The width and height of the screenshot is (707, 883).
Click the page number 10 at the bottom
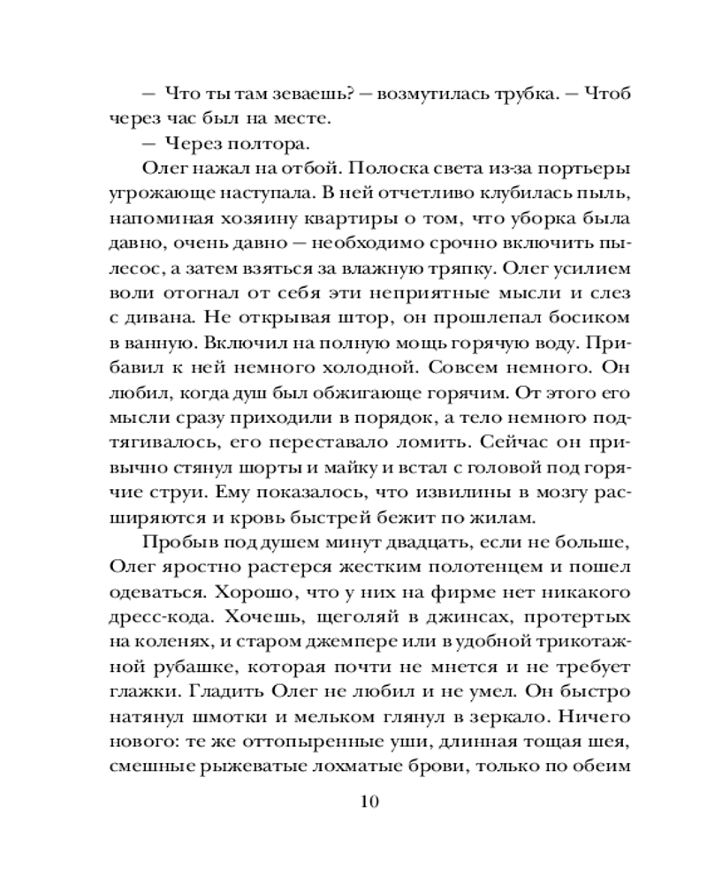(369, 802)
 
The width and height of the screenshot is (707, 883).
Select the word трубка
(495, 94)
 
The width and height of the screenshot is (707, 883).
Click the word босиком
(583, 314)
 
